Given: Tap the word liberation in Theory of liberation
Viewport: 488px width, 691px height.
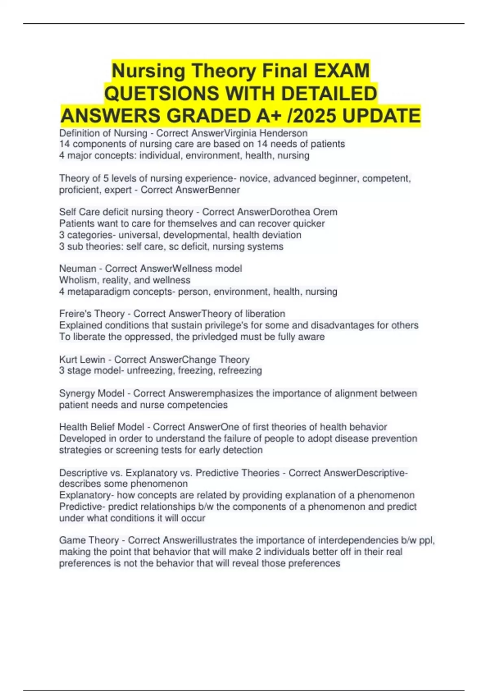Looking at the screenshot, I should [265, 314].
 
